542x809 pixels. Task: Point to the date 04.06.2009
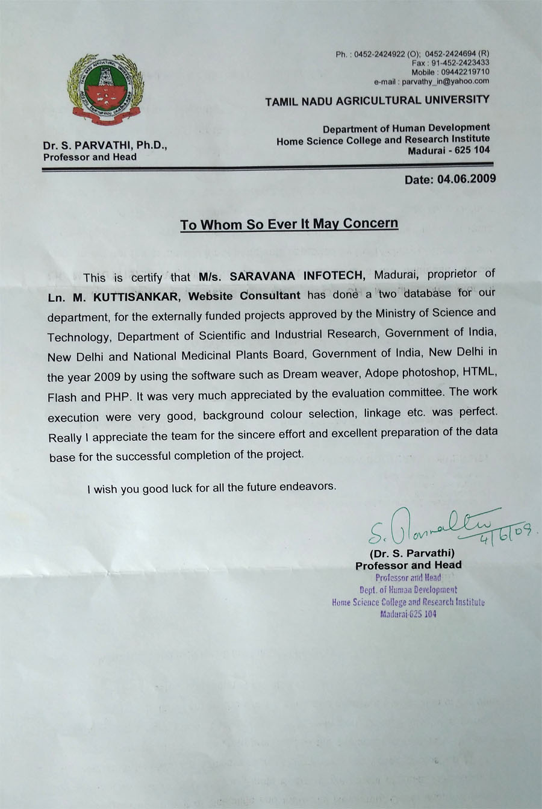tap(467, 179)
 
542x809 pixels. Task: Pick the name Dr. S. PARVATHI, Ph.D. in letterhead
tap(105, 145)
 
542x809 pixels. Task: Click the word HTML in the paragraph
tap(479, 371)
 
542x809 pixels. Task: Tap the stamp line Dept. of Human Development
tap(408, 590)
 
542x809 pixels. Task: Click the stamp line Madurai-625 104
tap(408, 614)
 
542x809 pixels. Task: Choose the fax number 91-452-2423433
tap(458, 63)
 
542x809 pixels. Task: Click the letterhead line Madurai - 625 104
tap(449, 150)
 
